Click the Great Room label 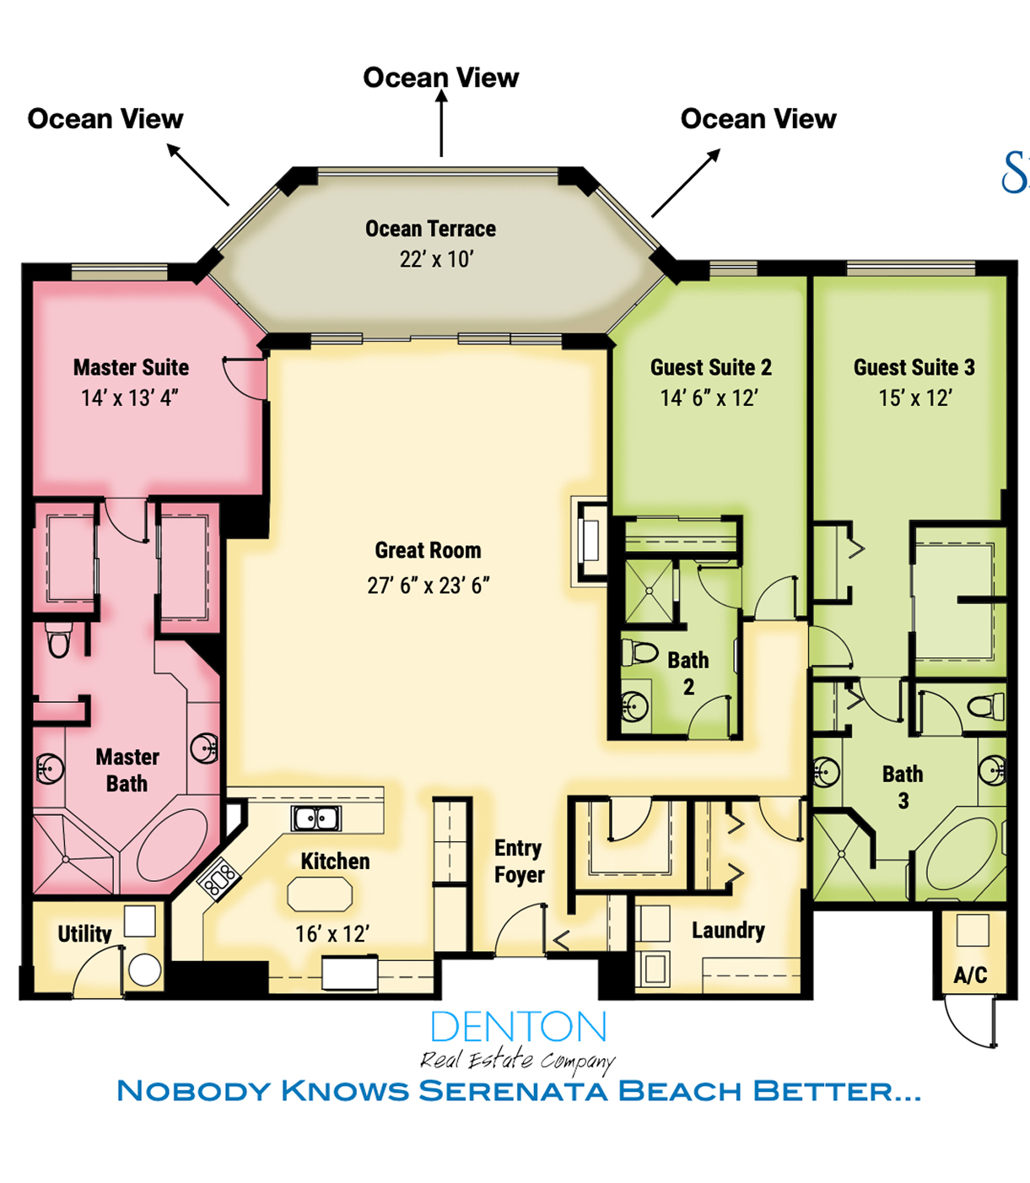(428, 550)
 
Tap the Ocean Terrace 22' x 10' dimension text (436, 260)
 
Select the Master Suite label (132, 368)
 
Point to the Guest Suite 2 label (711, 368)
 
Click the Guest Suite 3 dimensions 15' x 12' (915, 397)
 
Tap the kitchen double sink (315, 818)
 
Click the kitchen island (320, 894)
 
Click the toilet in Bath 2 (639, 652)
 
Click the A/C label (970, 975)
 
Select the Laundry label (728, 931)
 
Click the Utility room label (84, 934)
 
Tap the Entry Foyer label (519, 862)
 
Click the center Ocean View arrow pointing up (441, 124)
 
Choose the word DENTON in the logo (519, 1027)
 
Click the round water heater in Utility (144, 970)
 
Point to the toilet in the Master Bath (58, 640)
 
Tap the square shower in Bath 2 (650, 591)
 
